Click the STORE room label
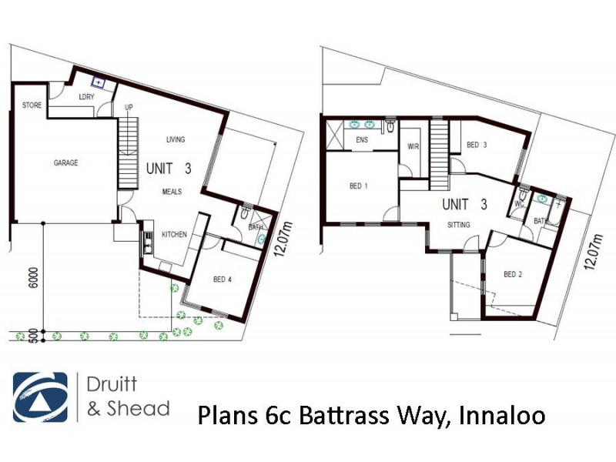point(32,105)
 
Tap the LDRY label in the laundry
point(86,97)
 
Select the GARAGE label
point(65,163)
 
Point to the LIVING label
point(176,139)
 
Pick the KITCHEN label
point(174,235)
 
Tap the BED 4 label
point(223,280)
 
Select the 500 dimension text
point(32,336)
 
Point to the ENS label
point(361,139)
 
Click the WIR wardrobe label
point(412,147)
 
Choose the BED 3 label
point(477,145)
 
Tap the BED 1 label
point(359,186)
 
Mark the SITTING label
point(460,226)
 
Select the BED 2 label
point(514,274)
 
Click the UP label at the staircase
point(129,108)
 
